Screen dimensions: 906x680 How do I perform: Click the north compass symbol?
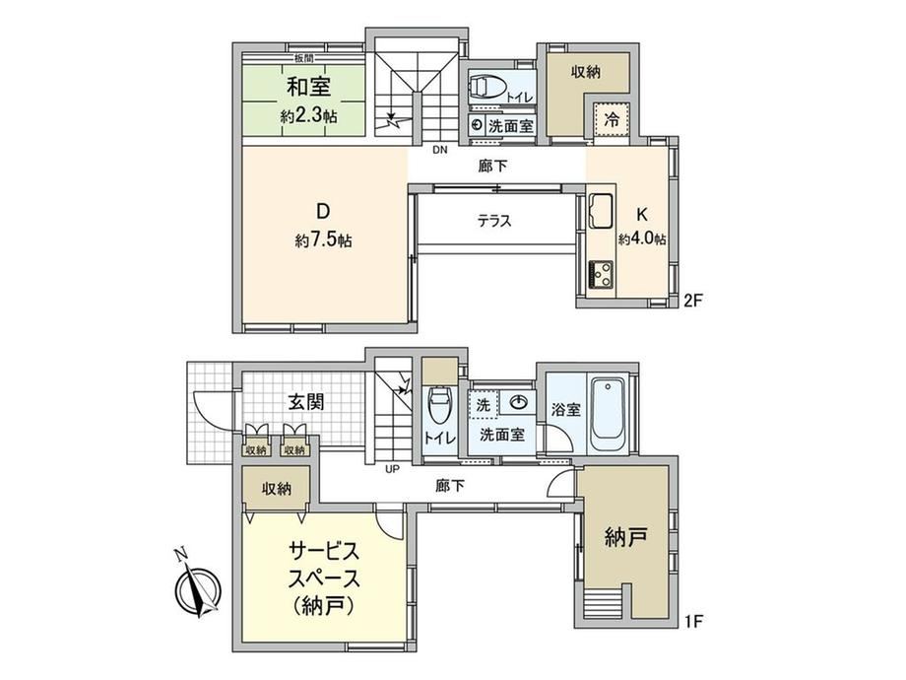tap(198, 588)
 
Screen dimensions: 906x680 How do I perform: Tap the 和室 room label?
tap(308, 87)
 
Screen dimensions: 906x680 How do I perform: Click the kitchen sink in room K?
tap(601, 211)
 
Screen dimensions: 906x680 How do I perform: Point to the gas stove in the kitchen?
tap(601, 275)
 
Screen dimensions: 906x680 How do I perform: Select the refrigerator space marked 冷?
tap(611, 119)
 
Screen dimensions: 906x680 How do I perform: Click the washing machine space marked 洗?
tap(484, 405)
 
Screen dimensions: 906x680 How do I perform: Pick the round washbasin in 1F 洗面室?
tap(519, 402)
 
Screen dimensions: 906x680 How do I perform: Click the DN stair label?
tap(440, 151)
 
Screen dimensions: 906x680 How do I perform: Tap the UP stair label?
tap(392, 469)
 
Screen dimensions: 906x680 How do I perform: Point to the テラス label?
tap(494, 221)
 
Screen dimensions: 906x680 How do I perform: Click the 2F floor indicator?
tap(692, 301)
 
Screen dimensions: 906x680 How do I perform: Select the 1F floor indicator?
tap(692, 622)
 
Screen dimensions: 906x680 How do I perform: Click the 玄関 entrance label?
tap(306, 401)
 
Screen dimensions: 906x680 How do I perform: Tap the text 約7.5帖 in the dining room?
tap(323, 239)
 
